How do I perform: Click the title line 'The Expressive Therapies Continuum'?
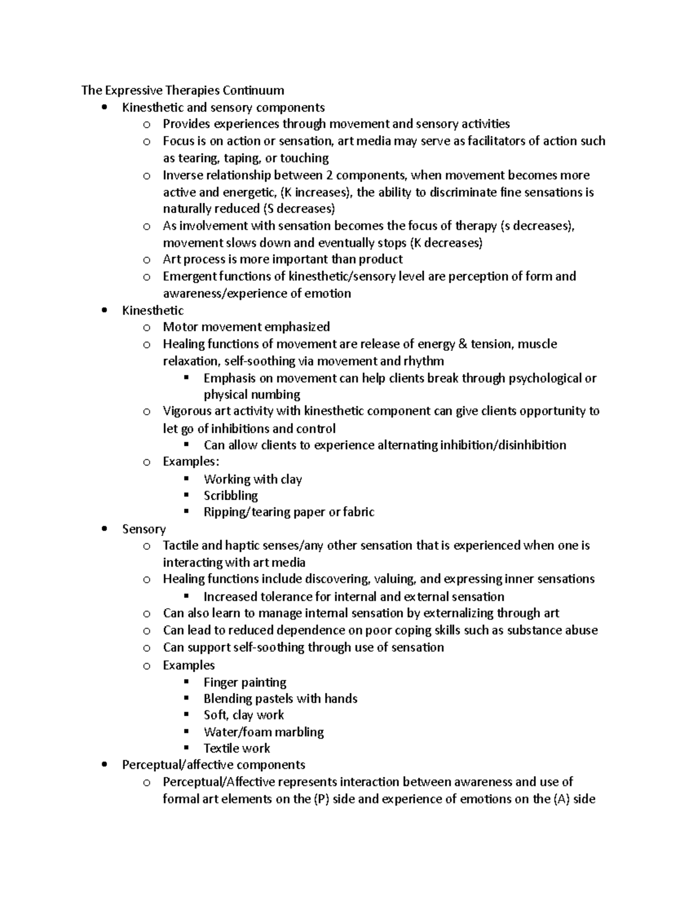pos(182,90)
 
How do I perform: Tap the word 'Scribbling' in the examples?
pos(230,496)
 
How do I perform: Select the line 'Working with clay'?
pos(252,479)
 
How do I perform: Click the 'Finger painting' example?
pos(245,682)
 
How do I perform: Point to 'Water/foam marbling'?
pos(263,732)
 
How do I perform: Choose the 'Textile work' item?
pos(237,749)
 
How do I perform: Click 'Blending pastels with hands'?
pos(280,699)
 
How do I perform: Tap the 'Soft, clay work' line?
pos(244,715)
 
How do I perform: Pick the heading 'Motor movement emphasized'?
pos(246,327)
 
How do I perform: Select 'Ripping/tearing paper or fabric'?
pos(289,512)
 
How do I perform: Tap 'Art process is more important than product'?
pos(282,259)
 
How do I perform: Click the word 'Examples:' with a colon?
pos(191,461)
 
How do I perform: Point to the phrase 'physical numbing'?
pos(252,395)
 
